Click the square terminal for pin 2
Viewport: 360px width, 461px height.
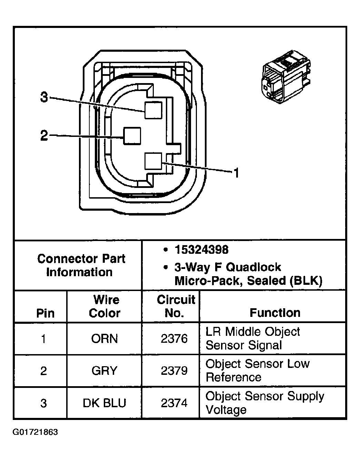click(132, 136)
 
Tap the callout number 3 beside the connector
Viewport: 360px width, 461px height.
click(44, 98)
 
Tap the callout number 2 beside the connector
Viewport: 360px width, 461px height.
click(44, 136)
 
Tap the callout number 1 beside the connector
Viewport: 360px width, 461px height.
click(236, 173)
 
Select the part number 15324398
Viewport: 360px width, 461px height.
click(201, 250)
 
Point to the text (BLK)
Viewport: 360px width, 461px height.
click(306, 281)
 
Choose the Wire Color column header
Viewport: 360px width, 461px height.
click(104, 306)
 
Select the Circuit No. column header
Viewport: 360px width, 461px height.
click(176, 306)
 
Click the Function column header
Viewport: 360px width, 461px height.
click(274, 313)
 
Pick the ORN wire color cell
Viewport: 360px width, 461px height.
click(104, 339)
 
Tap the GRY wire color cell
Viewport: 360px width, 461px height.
click(104, 371)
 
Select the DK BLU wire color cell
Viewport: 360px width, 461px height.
click(104, 403)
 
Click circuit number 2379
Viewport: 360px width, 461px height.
click(174, 371)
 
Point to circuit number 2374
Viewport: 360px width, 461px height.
click(174, 403)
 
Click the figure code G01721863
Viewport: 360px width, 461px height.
click(35, 432)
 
